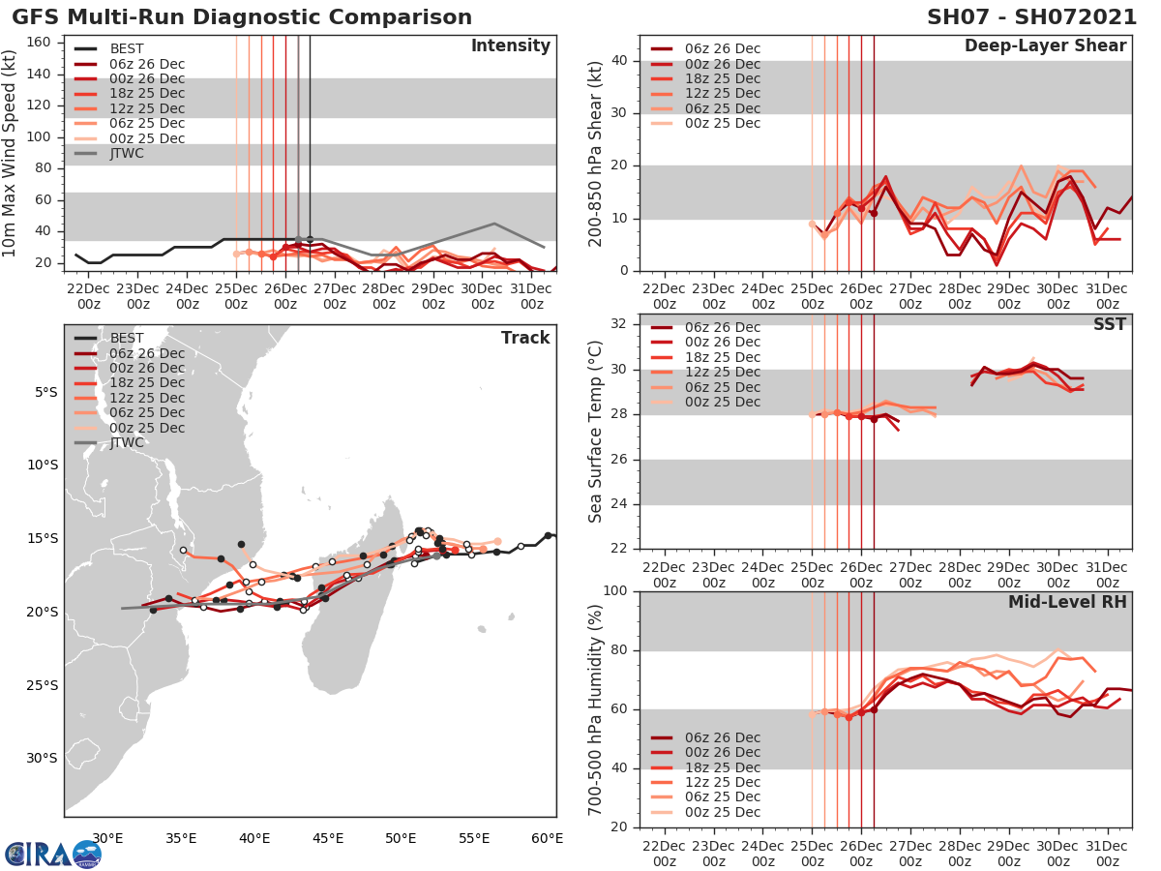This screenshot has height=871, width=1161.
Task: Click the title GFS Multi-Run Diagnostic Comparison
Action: click(242, 17)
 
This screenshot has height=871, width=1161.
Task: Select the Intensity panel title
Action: click(510, 45)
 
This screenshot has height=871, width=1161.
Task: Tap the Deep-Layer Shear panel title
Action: click(1045, 46)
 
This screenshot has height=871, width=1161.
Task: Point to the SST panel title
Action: click(1109, 324)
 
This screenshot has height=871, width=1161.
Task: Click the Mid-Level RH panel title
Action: click(1066, 602)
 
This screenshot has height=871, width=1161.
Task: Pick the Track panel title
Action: click(525, 338)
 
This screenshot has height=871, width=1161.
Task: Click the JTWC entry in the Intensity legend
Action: click(127, 153)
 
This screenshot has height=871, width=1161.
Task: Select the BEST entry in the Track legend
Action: click(127, 338)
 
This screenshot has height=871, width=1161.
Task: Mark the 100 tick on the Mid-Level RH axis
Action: click(614, 590)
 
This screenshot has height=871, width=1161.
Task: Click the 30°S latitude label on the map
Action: click(42, 758)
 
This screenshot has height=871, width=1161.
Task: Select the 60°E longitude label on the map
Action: click(547, 837)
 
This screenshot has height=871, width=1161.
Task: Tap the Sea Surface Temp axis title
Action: click(595, 432)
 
